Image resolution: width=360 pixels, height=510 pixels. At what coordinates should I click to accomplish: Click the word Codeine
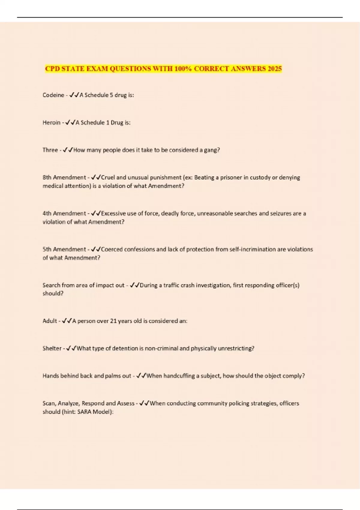(53, 95)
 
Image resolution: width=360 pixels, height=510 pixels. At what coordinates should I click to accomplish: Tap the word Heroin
(51, 123)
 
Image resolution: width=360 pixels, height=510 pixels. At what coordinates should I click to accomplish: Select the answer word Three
(50, 150)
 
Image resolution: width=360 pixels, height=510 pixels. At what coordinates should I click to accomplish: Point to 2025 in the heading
(274, 69)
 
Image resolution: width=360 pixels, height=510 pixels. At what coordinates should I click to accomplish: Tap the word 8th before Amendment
(47, 178)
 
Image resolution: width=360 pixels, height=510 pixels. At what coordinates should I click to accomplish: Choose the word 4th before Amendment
(47, 214)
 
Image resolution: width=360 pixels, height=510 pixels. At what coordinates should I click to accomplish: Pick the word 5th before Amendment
(47, 249)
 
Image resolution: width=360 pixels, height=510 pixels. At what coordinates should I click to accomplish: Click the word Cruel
(108, 178)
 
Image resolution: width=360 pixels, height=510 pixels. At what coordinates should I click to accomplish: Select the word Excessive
(113, 214)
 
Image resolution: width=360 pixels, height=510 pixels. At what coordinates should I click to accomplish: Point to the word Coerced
(112, 249)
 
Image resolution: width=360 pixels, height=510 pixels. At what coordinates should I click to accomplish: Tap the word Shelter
(52, 349)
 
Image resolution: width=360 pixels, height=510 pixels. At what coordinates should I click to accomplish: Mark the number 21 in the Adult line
(113, 321)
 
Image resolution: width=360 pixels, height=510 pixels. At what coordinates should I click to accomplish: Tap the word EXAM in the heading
(97, 69)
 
